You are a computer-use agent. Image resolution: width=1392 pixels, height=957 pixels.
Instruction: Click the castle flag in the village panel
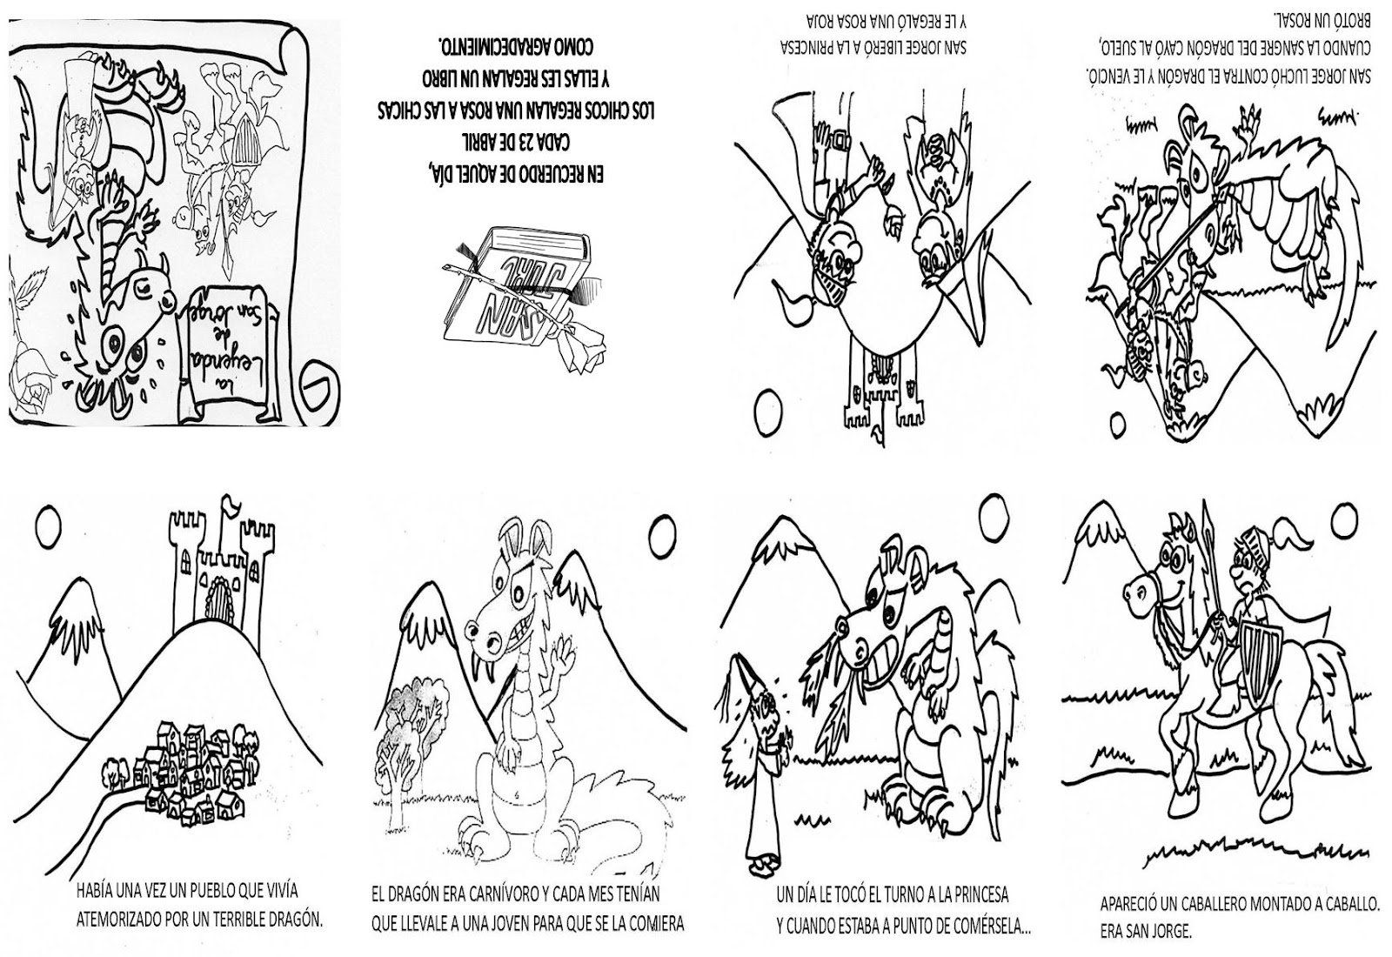point(231,504)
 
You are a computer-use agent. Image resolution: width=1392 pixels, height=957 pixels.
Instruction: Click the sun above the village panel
point(47,525)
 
